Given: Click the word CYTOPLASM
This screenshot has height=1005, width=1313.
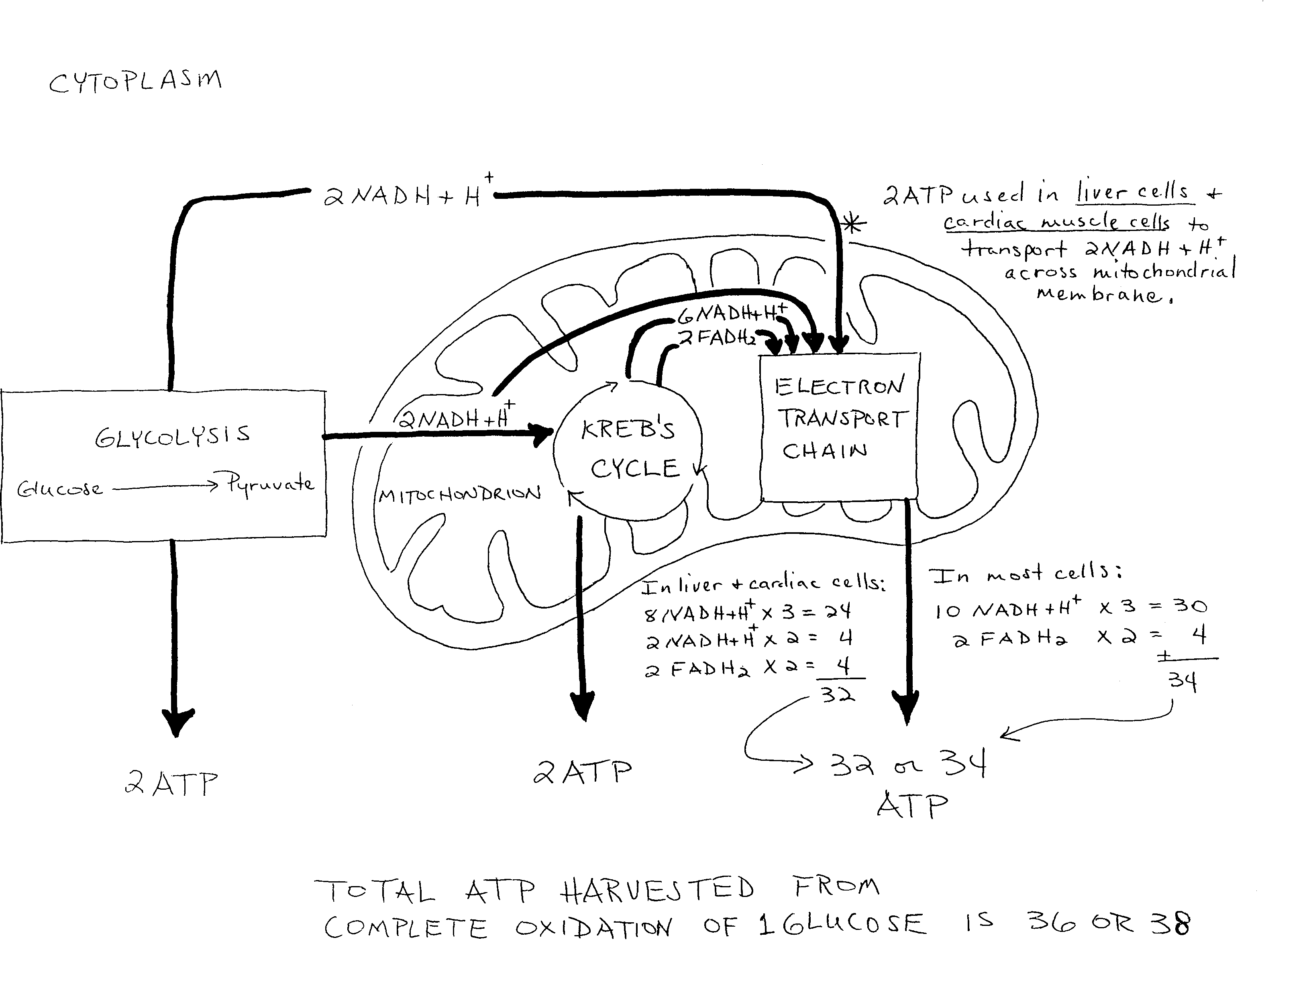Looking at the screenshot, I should pyautogui.click(x=135, y=82).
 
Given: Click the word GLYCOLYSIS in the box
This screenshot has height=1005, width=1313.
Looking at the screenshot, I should pyautogui.click(x=172, y=437).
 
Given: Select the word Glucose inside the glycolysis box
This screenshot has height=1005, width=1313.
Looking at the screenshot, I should pyautogui.click(x=60, y=489).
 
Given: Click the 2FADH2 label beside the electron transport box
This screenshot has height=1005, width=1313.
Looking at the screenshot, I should pyautogui.click(x=718, y=339).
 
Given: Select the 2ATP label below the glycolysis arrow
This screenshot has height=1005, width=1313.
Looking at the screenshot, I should pyautogui.click(x=171, y=783).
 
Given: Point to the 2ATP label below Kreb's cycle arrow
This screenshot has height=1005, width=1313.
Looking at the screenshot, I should pyautogui.click(x=582, y=772).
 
